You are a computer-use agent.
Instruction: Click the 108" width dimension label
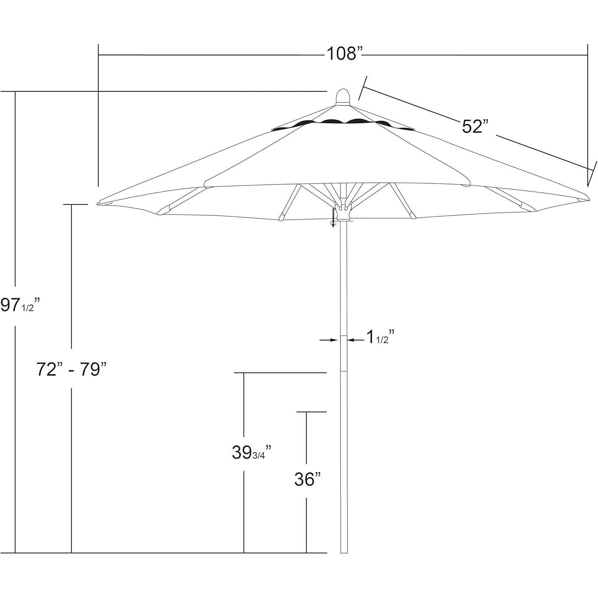tap(345, 53)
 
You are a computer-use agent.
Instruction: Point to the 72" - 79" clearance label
tap(72, 369)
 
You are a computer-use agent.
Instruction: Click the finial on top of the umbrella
tap(342, 97)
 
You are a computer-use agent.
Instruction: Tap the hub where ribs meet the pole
tap(343, 211)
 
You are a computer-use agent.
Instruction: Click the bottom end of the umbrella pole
tap(344, 553)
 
